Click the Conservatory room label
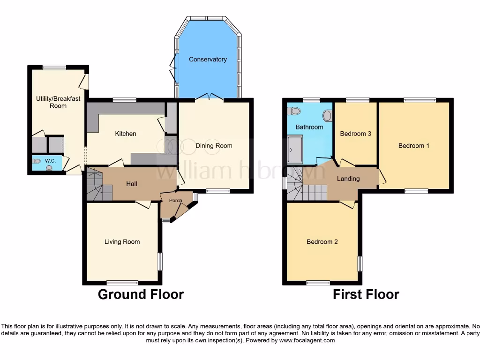pyautogui.click(x=208, y=60)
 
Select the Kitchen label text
pyautogui.click(x=126, y=134)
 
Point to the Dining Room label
pyautogui.click(x=214, y=146)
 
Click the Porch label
pyautogui.click(x=176, y=201)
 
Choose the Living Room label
pyautogui.click(x=122, y=242)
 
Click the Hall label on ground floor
pyautogui.click(x=132, y=184)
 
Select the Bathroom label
pyautogui.click(x=309, y=127)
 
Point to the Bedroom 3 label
pyautogui.click(x=355, y=134)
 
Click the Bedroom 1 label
pyautogui.click(x=413, y=146)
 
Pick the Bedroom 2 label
pyautogui.click(x=322, y=242)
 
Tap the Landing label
pyautogui.click(x=348, y=179)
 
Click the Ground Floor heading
pyautogui.click(x=141, y=294)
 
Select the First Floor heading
pyautogui.click(x=366, y=294)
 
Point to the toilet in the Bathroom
pyautogui.click(x=295, y=111)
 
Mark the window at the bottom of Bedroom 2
pyautogui.click(x=318, y=283)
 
